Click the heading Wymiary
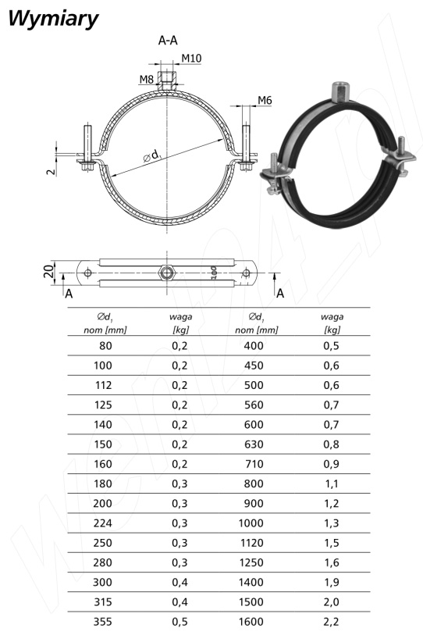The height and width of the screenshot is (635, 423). click(53, 20)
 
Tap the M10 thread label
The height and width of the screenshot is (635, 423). click(191, 59)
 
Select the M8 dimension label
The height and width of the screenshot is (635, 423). click(146, 80)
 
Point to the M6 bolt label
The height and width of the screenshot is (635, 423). click(265, 100)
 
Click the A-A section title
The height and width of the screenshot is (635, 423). click(168, 41)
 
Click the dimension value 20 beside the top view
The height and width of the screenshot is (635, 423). click(48, 271)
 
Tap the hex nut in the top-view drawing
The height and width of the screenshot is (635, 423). click(166, 273)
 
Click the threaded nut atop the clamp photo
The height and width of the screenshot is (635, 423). click(340, 91)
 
